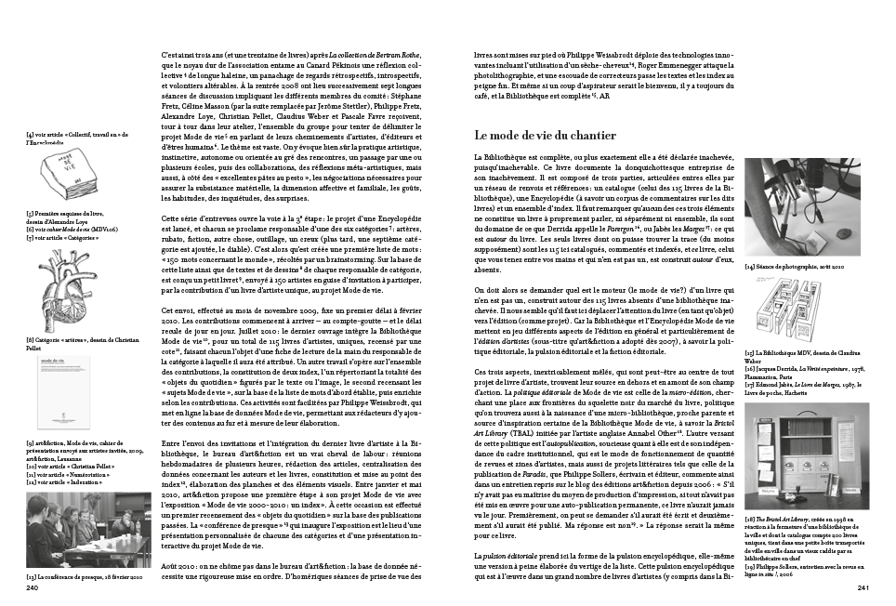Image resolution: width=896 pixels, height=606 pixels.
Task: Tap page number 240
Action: [x=32, y=587]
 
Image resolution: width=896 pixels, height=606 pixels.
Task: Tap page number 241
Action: [x=862, y=587]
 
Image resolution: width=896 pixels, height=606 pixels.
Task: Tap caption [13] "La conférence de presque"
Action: [x=84, y=576]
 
